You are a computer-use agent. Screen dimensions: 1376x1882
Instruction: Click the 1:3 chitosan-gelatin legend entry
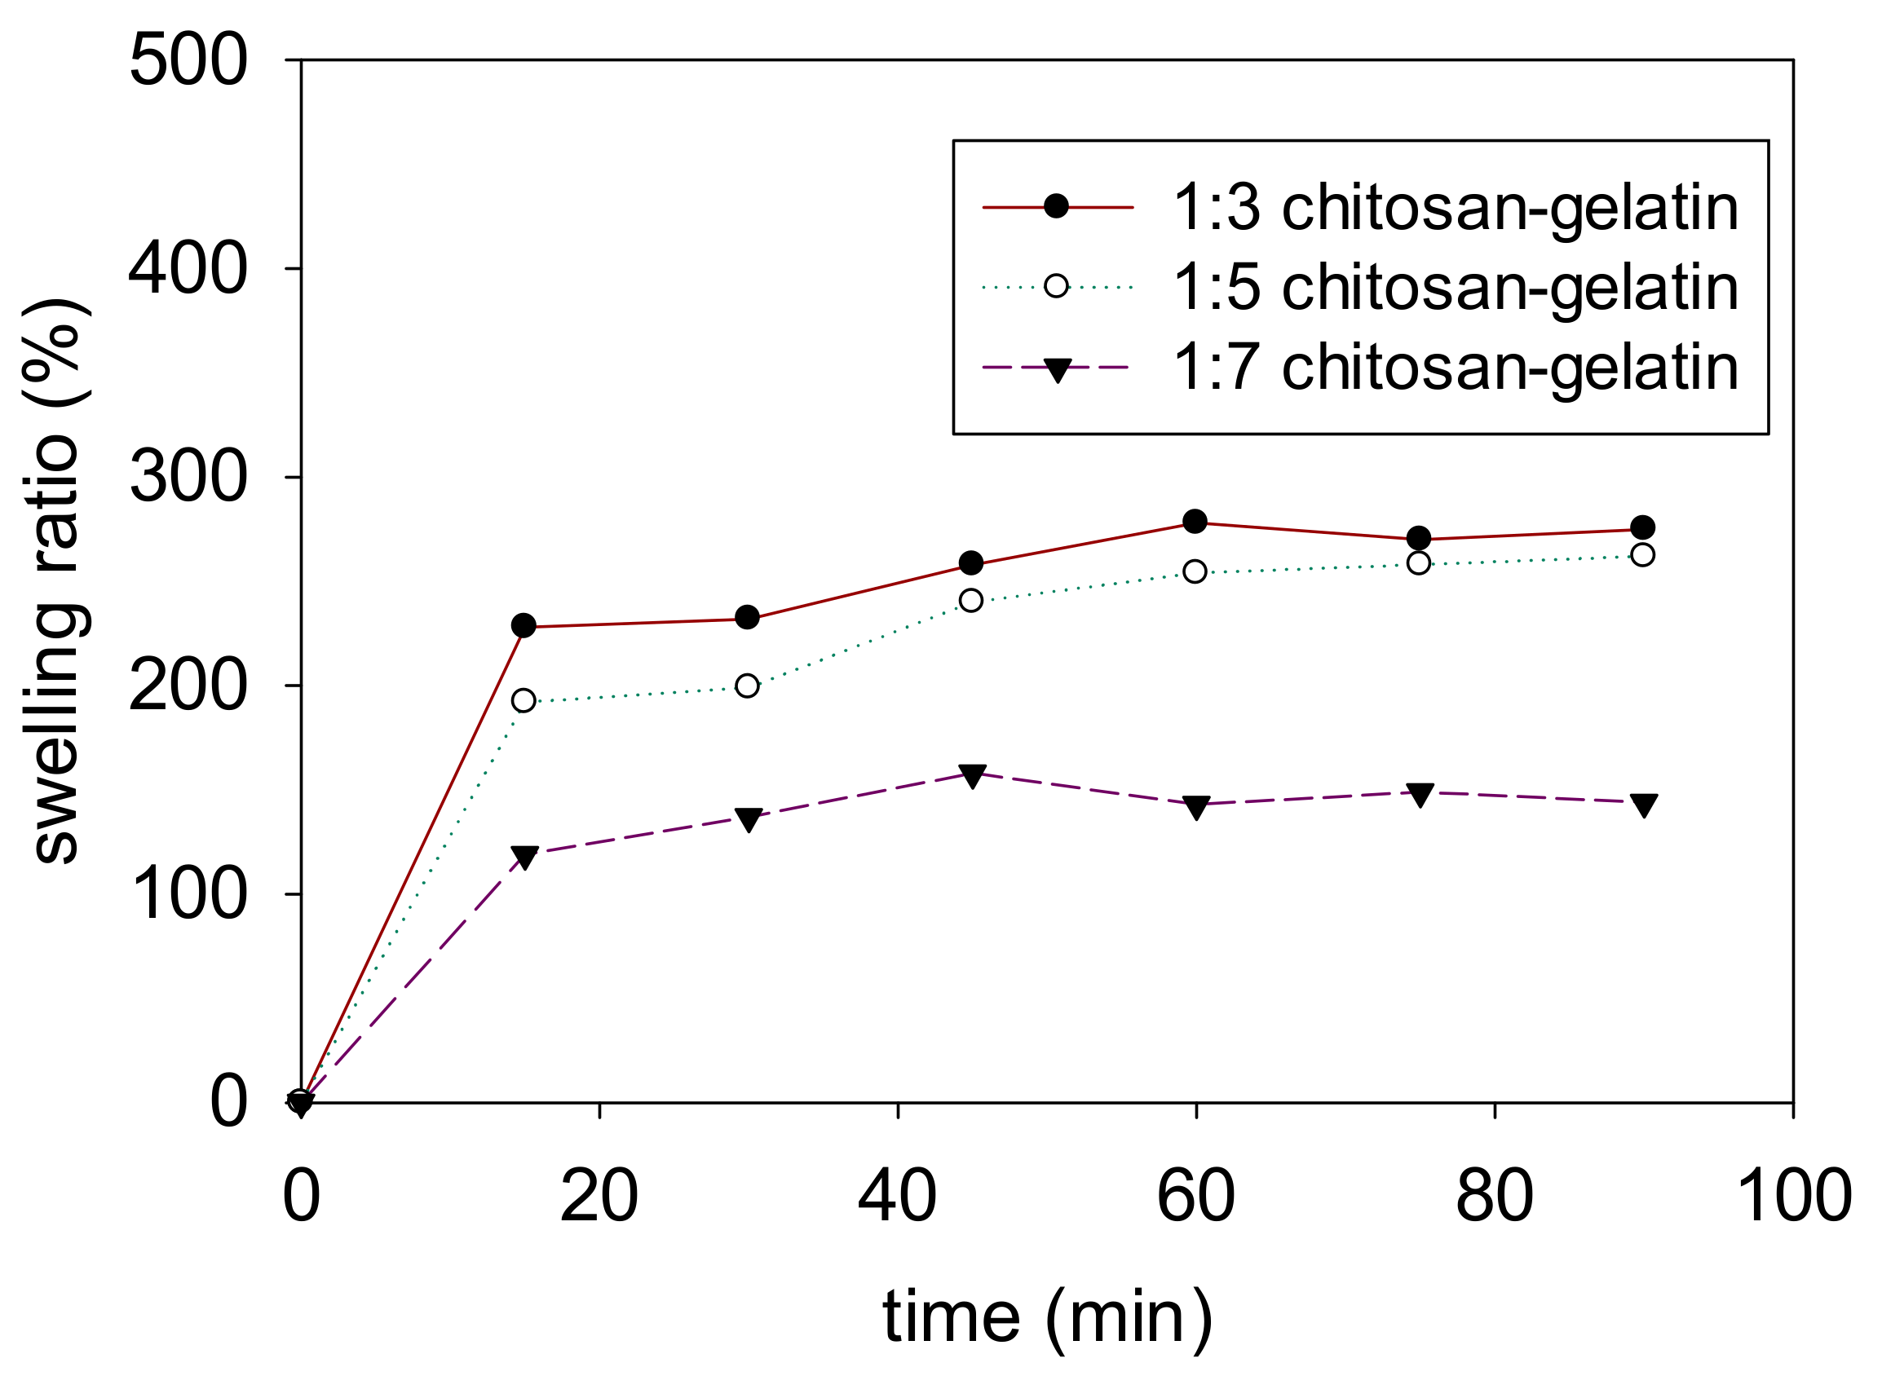point(1455,207)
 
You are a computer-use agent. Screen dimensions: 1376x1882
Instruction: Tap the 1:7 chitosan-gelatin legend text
point(1455,368)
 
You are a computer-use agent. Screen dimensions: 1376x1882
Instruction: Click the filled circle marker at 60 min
point(1195,522)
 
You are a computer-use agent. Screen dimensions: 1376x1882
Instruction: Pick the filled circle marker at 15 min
point(524,625)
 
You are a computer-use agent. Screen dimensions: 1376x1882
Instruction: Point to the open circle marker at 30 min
point(747,686)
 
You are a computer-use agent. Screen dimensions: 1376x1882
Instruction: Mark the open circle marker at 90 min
point(1642,555)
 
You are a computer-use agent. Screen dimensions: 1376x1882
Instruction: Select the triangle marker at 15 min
point(524,856)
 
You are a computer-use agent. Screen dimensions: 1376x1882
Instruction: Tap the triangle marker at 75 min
point(1419,794)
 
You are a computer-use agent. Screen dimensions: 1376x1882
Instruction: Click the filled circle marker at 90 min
point(1642,527)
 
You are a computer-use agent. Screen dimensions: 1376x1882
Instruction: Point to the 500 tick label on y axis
point(188,61)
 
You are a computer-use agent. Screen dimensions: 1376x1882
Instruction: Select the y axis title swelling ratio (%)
point(56,581)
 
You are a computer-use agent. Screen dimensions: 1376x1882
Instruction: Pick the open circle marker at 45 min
point(970,601)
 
